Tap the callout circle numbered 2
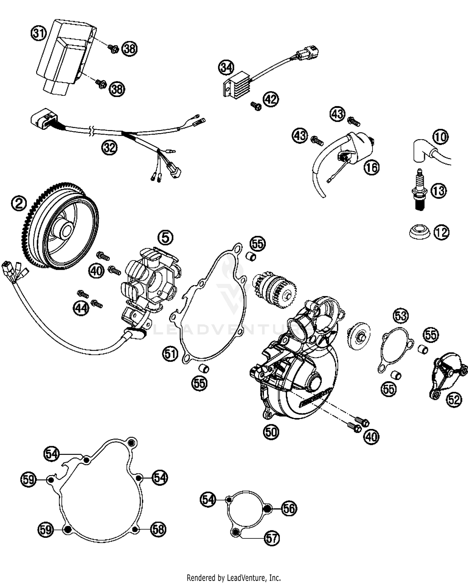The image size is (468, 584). (x=19, y=204)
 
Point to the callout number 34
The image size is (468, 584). (x=226, y=67)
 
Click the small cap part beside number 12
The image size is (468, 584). (x=419, y=232)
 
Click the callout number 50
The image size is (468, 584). (x=271, y=432)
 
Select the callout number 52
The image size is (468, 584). (x=454, y=399)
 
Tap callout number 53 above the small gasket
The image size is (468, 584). (x=401, y=315)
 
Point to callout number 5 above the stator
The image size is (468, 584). (x=165, y=238)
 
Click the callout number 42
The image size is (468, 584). (x=271, y=99)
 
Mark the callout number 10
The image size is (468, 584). (x=441, y=137)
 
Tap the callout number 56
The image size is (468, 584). (x=289, y=509)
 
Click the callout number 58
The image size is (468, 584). (x=158, y=529)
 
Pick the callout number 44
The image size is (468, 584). (x=81, y=309)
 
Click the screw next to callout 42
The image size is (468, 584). (x=256, y=106)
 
